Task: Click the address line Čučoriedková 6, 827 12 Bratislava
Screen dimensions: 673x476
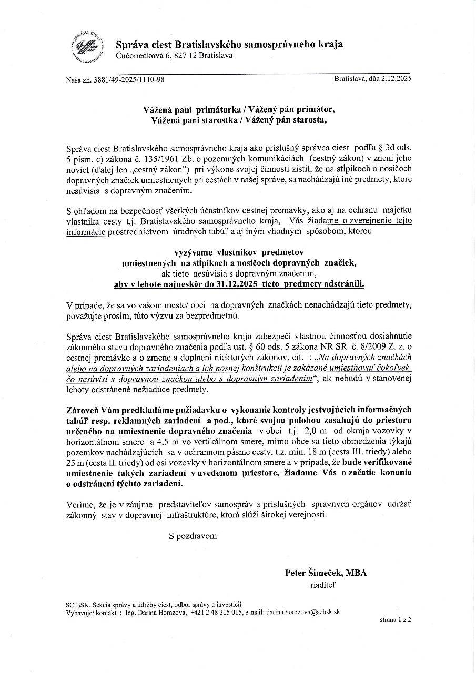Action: click(174, 56)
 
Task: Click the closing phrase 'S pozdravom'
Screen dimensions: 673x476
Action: click(193, 536)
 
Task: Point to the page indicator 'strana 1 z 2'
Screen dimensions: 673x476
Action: click(395, 620)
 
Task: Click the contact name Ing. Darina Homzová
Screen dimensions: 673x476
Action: click(156, 612)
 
